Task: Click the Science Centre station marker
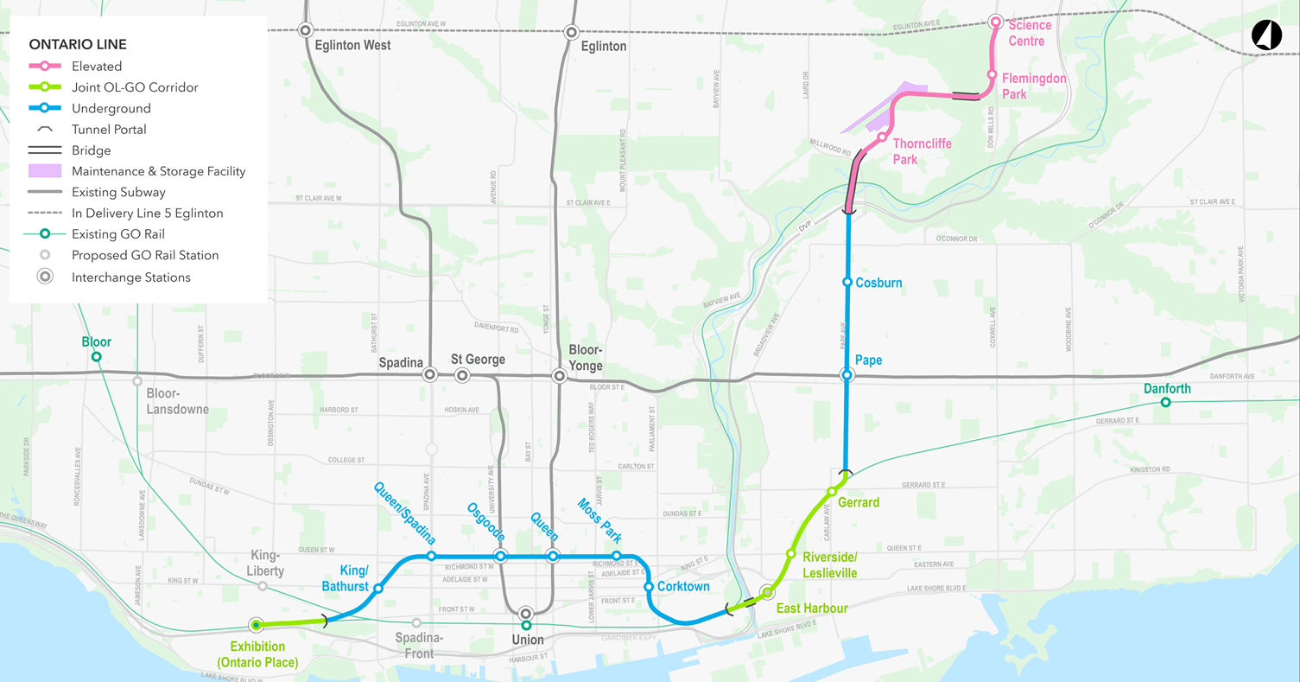[995, 22]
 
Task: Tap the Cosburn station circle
[847, 283]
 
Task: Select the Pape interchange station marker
[847, 375]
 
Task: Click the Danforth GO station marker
[1165, 403]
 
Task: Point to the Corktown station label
[683, 587]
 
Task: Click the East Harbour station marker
[766, 592]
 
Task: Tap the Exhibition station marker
[256, 625]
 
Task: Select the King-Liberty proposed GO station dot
[263, 586]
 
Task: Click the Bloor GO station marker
[97, 357]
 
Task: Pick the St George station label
[478, 360]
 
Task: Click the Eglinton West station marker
[305, 30]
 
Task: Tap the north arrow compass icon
[1266, 35]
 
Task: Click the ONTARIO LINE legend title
[77, 44]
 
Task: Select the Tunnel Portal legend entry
[109, 130]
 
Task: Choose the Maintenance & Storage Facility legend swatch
[45, 171]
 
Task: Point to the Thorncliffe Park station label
[922, 151]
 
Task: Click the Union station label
[528, 641]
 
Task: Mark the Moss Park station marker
[617, 556]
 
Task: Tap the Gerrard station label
[859, 503]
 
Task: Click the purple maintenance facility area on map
[881, 107]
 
